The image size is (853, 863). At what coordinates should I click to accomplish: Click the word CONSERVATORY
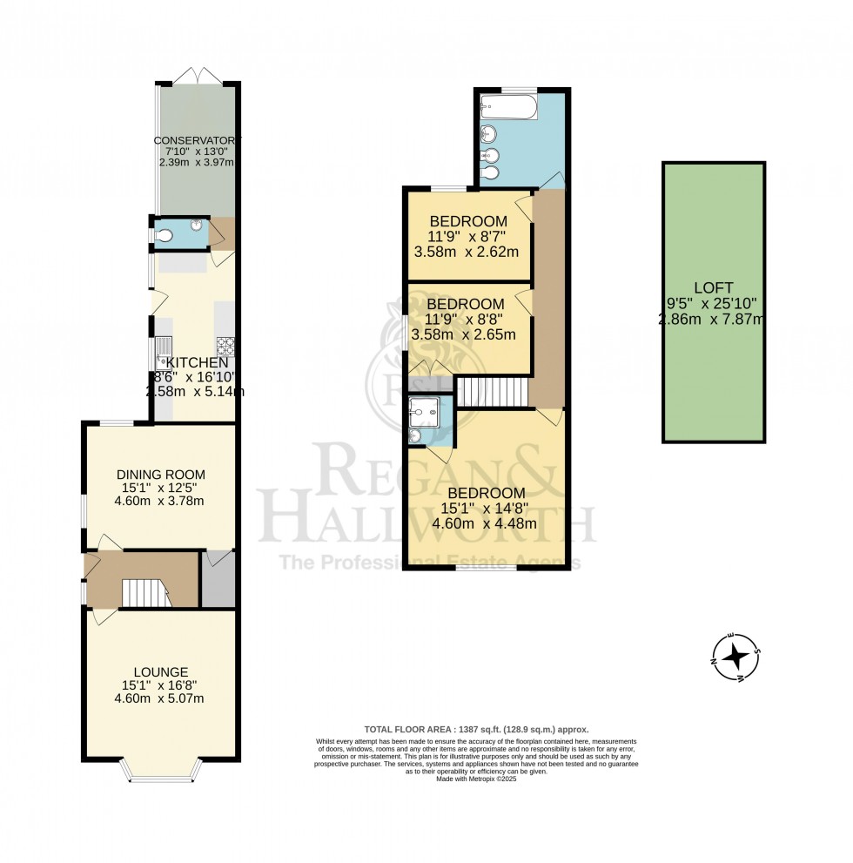pyautogui.click(x=196, y=140)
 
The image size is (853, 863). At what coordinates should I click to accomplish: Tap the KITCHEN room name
pyautogui.click(x=198, y=362)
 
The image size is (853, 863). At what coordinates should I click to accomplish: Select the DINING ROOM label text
pyautogui.click(x=161, y=474)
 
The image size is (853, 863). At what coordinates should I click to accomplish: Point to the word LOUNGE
pyautogui.click(x=161, y=671)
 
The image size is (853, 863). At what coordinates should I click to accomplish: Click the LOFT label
pyautogui.click(x=714, y=288)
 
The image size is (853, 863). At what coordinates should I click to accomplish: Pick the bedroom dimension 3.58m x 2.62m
pyautogui.click(x=467, y=253)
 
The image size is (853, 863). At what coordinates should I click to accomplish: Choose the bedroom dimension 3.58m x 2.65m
pyautogui.click(x=465, y=334)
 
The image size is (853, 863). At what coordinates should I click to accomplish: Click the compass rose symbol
pyautogui.click(x=735, y=656)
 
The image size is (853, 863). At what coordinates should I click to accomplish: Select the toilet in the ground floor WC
pyautogui.click(x=164, y=234)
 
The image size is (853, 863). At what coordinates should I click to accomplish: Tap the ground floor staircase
pyautogui.click(x=144, y=593)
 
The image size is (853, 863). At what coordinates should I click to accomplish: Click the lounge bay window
pyautogui.click(x=161, y=770)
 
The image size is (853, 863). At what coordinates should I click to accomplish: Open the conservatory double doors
pyautogui.click(x=197, y=77)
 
